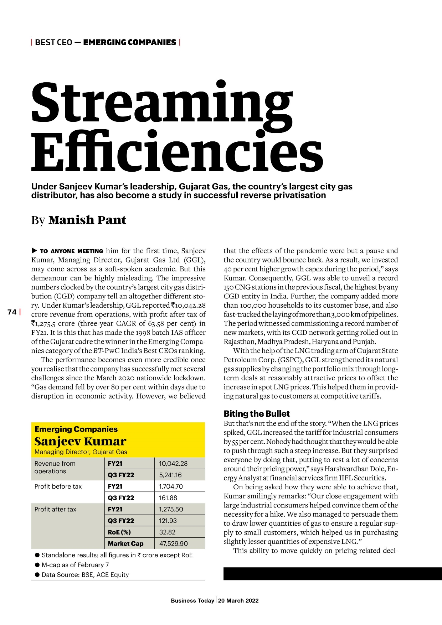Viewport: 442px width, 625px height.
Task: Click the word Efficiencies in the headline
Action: (177, 151)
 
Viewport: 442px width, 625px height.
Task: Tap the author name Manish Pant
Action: (87, 220)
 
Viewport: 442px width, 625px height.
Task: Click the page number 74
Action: (12, 312)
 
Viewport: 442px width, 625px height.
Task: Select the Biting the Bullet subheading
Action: (257, 413)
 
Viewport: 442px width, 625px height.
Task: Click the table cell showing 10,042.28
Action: (173, 463)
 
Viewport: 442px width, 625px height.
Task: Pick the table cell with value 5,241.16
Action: (170, 475)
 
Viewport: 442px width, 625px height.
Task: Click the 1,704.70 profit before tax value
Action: (171, 486)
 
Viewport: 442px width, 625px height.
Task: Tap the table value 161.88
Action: (168, 498)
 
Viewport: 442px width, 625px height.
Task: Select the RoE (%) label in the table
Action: (119, 532)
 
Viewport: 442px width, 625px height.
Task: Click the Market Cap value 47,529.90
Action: (173, 543)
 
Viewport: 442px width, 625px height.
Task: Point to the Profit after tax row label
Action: (56, 509)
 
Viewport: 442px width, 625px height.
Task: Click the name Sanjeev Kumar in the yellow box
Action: (81, 442)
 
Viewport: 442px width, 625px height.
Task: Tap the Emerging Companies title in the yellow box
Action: (76, 429)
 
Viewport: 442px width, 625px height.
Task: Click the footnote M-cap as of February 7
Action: (75, 565)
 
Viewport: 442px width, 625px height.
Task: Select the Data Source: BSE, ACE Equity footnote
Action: (85, 574)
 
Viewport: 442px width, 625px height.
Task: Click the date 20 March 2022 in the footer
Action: (238, 600)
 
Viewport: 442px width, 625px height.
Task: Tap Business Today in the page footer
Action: (192, 600)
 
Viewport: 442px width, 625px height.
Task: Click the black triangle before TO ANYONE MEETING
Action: (34, 251)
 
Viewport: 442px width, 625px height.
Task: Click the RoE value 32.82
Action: (168, 532)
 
